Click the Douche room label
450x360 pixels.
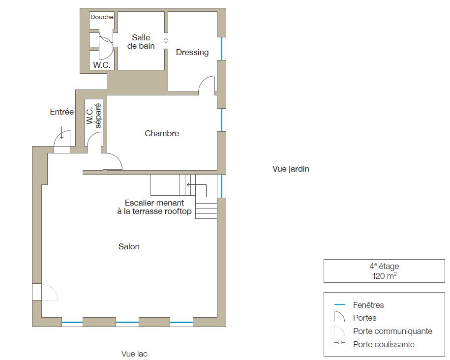(102, 17)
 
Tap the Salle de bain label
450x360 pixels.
(141, 42)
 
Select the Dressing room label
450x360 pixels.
(192, 52)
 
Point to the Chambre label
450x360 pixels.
(162, 133)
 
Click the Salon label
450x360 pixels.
(129, 246)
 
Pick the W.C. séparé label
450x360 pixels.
(94, 116)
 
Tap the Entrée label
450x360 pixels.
(61, 112)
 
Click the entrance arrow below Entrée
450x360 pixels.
(61, 133)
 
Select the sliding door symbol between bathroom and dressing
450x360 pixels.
(166, 40)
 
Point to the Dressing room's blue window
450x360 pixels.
(221, 49)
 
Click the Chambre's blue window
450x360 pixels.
(221, 120)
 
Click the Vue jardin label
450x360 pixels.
(291, 169)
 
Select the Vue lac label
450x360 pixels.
(134, 354)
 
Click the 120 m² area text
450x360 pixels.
(384, 276)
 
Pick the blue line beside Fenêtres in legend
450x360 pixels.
(339, 304)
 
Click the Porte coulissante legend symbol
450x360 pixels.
(339, 342)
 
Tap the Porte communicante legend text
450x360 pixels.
(392, 331)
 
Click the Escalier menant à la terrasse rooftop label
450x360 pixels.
(154, 207)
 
